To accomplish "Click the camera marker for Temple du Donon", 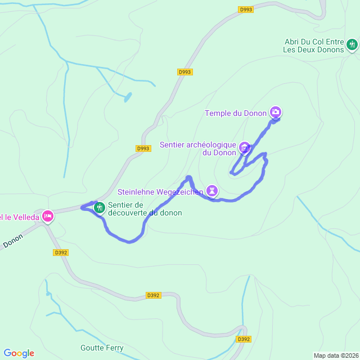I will [276, 112].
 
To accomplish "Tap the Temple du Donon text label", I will [236, 113].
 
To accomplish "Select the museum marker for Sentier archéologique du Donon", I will [244, 148].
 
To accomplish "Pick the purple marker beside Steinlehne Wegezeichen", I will [211, 191].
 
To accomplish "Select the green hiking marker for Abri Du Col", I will [352, 44].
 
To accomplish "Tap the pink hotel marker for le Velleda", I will [47, 215].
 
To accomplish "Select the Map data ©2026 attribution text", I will [335, 355].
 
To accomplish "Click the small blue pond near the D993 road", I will [128, 97].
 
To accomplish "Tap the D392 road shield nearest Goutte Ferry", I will [244, 339].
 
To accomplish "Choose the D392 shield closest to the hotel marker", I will [61, 253].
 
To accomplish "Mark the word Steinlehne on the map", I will [136, 192].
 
